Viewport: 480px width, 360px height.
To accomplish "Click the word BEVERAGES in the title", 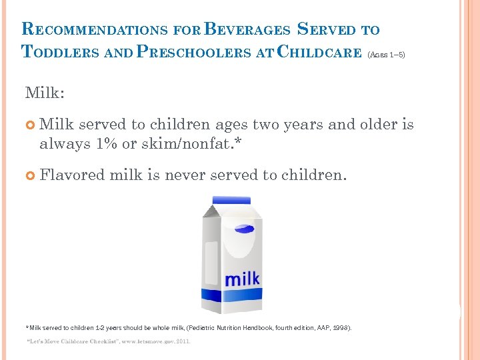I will click(247, 29).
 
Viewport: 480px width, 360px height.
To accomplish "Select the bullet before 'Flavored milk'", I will click(30, 175).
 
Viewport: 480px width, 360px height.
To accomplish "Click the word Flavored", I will click(72, 175).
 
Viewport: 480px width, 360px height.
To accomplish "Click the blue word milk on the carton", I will click(242, 278).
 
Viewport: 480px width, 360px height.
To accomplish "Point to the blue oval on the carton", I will click(244, 229).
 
